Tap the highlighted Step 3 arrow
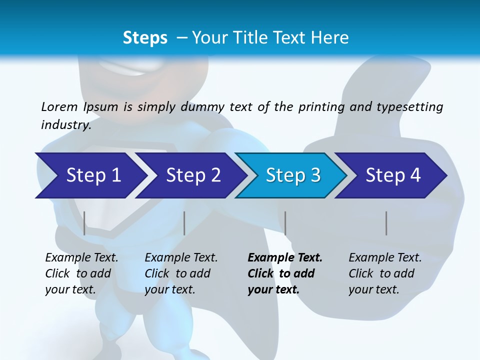click(x=293, y=175)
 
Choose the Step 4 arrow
click(x=393, y=175)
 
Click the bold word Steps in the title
click(x=145, y=37)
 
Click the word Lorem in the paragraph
click(x=59, y=107)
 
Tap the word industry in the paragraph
click(x=66, y=125)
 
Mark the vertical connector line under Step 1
click(x=84, y=223)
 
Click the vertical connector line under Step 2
click(x=184, y=223)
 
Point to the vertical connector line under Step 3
click(x=285, y=223)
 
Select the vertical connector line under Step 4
click(x=386, y=223)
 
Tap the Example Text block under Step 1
click(x=81, y=273)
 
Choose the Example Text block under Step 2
click(x=181, y=273)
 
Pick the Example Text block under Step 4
click(x=385, y=273)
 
